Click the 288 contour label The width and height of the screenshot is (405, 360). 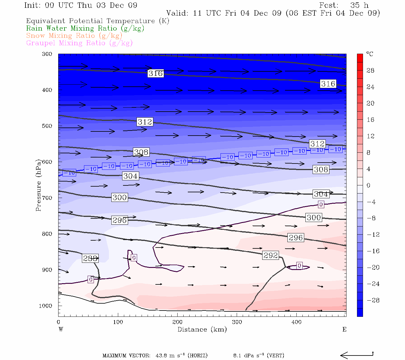coord(90,258)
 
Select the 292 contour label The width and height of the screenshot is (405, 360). coord(271,255)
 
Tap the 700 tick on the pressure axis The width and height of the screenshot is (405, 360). coord(47,198)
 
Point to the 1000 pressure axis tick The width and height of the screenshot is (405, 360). coord(46,306)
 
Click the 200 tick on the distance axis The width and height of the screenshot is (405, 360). coord(177,322)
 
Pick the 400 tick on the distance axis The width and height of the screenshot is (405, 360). coord(296,322)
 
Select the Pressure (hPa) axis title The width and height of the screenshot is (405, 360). coord(38,185)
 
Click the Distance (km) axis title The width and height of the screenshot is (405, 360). coord(202,329)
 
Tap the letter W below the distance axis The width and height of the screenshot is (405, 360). coord(61,329)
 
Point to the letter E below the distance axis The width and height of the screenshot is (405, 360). coord(344,329)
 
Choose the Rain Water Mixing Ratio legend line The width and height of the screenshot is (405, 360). coord(85,28)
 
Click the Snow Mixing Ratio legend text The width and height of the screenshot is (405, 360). coord(74,36)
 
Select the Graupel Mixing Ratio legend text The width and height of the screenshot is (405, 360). coord(79,43)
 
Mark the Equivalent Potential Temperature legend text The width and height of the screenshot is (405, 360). coord(98,21)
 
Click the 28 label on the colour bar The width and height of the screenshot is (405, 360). coord(370,70)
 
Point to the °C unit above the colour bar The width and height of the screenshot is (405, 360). coord(370,54)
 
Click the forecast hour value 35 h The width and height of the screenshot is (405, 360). coord(359,5)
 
